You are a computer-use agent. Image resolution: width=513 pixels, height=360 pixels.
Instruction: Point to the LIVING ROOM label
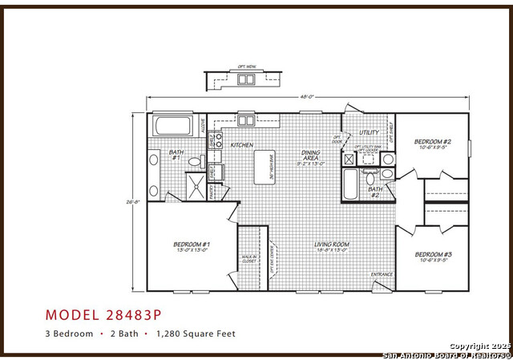point(330,245)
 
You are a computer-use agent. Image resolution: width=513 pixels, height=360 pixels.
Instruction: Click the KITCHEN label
point(241,145)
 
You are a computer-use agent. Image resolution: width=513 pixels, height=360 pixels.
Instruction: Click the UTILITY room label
point(369,132)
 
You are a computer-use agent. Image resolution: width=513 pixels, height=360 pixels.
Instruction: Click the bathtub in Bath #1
point(172,126)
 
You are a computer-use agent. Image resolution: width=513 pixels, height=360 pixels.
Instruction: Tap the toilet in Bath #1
point(195,162)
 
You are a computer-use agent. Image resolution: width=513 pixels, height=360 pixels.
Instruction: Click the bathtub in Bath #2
point(350,181)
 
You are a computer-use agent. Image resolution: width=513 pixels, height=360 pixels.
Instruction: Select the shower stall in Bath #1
point(195,185)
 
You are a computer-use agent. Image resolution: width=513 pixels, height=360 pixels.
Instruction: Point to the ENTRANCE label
point(382,274)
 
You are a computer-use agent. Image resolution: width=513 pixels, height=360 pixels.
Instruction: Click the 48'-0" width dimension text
point(305,98)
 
